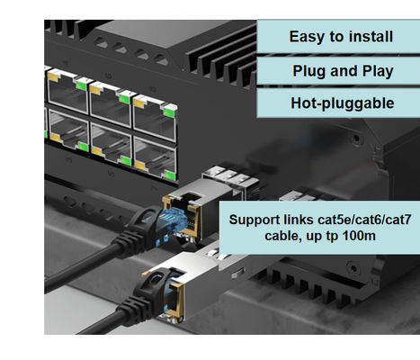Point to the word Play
[378, 72]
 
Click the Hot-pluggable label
[343, 103]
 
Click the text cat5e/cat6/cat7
[364, 220]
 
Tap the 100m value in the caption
[359, 236]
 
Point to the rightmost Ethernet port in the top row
[155, 118]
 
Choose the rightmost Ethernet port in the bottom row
[155, 159]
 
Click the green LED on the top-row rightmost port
[169, 112]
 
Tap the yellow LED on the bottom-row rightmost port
[139, 165]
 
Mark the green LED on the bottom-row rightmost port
[170, 175]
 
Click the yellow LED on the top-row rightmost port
[139, 103]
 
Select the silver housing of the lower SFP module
[192, 285]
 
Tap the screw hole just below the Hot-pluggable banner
[356, 139]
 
